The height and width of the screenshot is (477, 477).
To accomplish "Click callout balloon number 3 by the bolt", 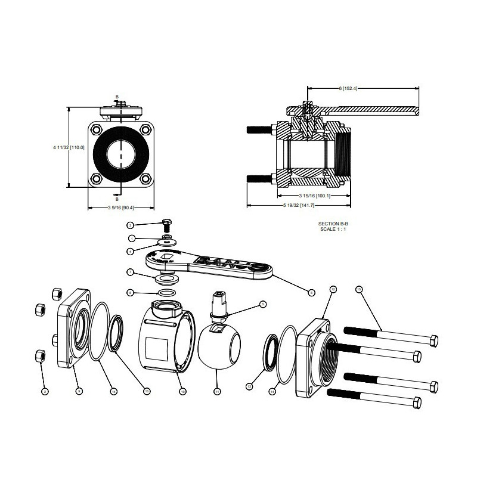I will point(130,225).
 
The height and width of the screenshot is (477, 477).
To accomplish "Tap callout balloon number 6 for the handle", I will point(311,292).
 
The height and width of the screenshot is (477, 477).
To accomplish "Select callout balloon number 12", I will point(333,289).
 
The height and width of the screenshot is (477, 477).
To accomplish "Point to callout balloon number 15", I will point(358,289).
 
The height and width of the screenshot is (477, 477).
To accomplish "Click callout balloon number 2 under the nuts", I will point(44,391).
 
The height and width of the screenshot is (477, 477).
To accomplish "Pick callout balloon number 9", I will point(79,391).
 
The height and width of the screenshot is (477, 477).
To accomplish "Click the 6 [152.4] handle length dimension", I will point(347,89).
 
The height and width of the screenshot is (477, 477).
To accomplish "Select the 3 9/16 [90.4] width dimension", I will point(120,208).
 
